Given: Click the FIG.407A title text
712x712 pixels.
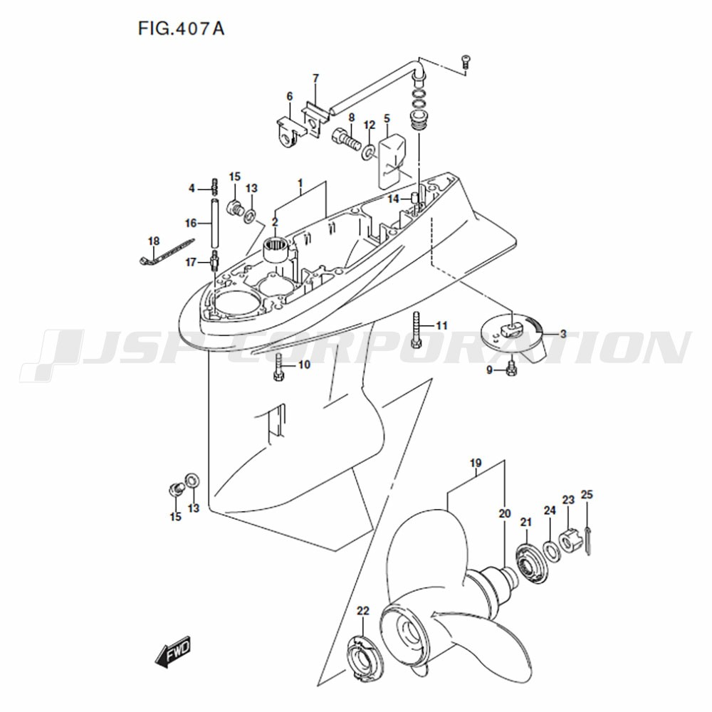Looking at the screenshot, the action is coord(181,28).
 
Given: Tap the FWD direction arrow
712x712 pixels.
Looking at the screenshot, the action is coord(173,652).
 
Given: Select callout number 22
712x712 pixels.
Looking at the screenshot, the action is coord(363,611).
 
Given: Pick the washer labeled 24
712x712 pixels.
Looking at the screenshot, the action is coord(552,551).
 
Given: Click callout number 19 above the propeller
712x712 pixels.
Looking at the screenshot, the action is coord(476,464).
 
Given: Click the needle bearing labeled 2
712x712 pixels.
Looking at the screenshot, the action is coord(276,250).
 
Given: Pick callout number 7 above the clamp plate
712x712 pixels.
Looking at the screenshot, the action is coord(316,78).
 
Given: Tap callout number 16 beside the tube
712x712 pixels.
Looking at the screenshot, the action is coord(191,223).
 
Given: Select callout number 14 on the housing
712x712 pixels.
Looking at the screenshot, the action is coord(393,199).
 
